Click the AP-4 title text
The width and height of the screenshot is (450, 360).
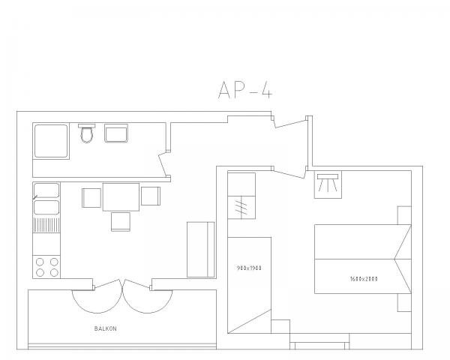pyautogui.click(x=244, y=90)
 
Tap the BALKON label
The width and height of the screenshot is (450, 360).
pyautogui.click(x=105, y=328)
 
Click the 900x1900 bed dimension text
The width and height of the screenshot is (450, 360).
pyautogui.click(x=249, y=268)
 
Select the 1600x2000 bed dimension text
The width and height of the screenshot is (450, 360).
pyautogui.click(x=364, y=279)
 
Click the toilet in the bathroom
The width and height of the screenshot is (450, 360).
pyautogui.click(x=87, y=133)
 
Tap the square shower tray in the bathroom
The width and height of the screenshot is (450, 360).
pyautogui.click(x=51, y=141)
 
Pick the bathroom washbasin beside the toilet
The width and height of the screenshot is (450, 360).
pyautogui.click(x=116, y=133)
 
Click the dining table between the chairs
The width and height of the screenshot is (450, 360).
pyautogui.click(x=121, y=197)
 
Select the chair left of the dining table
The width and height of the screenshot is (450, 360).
pyautogui.click(x=91, y=198)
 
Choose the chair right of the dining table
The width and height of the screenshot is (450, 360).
pyautogui.click(x=151, y=196)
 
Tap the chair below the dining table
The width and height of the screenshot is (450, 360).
pyautogui.click(x=121, y=222)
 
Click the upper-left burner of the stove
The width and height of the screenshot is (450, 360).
pyautogui.click(x=40, y=262)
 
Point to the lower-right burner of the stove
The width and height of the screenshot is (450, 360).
pyautogui.click(x=54, y=272)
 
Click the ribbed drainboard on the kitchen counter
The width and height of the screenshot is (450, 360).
pyautogui.click(x=46, y=225)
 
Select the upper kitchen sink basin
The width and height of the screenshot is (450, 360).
pyautogui.click(x=46, y=190)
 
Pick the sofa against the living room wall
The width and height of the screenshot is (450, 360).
pyautogui.click(x=200, y=250)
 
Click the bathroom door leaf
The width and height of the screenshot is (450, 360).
pyautogui.click(x=163, y=164)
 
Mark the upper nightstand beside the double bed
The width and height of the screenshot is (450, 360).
pyautogui.click(x=404, y=215)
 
